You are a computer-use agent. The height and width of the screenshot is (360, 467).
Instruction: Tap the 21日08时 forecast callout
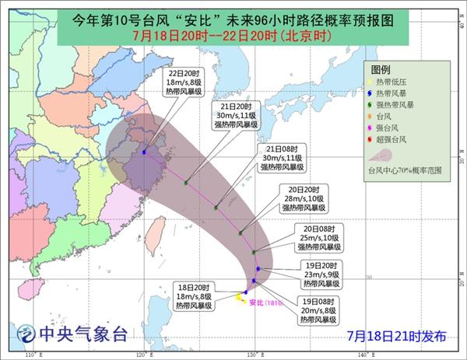[281, 157]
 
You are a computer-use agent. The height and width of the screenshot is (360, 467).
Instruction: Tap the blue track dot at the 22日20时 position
[145, 152]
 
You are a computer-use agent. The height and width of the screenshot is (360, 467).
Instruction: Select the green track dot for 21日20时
[186, 183]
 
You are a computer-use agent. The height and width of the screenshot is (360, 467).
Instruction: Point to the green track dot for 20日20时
[241, 232]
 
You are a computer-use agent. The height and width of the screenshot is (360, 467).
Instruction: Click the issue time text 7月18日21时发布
[397, 336]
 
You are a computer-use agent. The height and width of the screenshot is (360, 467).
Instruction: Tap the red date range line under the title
[234, 34]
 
